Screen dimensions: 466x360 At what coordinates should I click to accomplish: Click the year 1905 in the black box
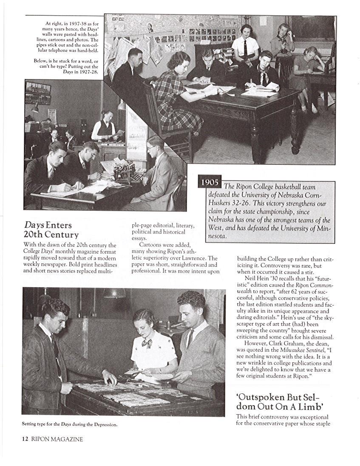(210, 182)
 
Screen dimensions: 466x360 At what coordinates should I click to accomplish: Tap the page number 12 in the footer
(25, 439)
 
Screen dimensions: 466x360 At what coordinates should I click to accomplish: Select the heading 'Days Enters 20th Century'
(51, 230)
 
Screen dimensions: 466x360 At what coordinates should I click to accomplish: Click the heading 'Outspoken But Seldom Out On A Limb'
(281, 401)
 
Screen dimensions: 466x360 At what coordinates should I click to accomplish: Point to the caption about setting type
(69, 424)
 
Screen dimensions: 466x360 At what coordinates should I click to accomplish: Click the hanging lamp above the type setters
(114, 293)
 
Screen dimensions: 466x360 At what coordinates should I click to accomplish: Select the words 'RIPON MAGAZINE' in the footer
(57, 439)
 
